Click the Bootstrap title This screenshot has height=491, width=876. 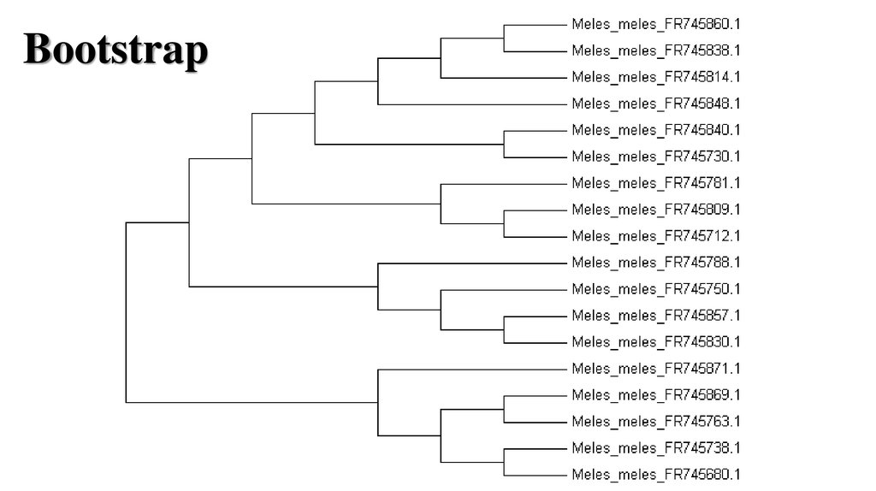pyautogui.click(x=115, y=50)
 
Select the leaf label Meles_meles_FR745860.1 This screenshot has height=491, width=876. pyautogui.click(x=655, y=24)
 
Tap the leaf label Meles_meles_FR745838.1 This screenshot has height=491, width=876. pyautogui.click(x=655, y=50)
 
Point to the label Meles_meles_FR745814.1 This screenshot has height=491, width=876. pyautogui.click(x=655, y=77)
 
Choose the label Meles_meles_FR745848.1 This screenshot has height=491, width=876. pyautogui.click(x=655, y=104)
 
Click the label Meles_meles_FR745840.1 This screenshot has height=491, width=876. pyautogui.click(x=655, y=130)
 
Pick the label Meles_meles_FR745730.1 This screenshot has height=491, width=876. pyautogui.click(x=655, y=157)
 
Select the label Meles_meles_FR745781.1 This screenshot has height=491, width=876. pyautogui.click(x=655, y=183)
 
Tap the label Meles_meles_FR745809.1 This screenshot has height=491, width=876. pyautogui.click(x=655, y=210)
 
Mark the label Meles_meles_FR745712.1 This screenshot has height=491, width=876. pyautogui.click(x=655, y=236)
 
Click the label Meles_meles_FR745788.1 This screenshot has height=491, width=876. pyautogui.click(x=655, y=263)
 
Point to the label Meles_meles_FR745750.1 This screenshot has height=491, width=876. pyautogui.click(x=655, y=289)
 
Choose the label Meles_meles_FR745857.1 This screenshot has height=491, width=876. pyautogui.click(x=655, y=316)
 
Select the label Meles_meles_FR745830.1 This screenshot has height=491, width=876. pyautogui.click(x=655, y=342)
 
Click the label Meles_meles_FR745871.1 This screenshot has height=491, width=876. pyautogui.click(x=655, y=369)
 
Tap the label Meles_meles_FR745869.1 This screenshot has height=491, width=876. pyautogui.click(x=655, y=395)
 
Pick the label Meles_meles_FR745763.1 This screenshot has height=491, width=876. pyautogui.click(x=655, y=422)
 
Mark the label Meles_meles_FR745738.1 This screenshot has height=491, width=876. pyautogui.click(x=655, y=448)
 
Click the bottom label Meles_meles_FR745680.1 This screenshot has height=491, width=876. pyautogui.click(x=655, y=475)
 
